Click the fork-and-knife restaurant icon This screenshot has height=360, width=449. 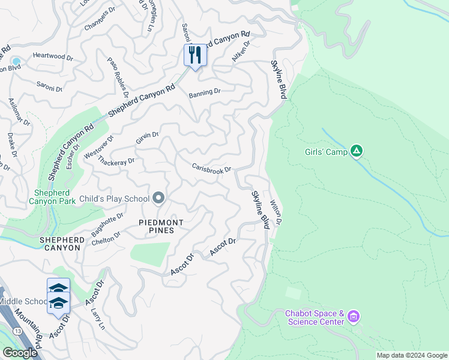point(195,56)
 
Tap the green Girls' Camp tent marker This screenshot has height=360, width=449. point(357,151)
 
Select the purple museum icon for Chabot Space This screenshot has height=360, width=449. point(354,316)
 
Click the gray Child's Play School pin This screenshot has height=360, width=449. point(158,198)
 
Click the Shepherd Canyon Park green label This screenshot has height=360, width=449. point(52,197)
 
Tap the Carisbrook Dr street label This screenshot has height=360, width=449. point(211,169)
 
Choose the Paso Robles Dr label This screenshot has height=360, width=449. point(118,77)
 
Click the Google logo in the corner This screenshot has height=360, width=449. point(19,353)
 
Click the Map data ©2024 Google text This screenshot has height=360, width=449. point(411,355)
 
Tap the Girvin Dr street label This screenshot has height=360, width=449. point(147,138)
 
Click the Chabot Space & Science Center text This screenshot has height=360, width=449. point(315,317)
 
